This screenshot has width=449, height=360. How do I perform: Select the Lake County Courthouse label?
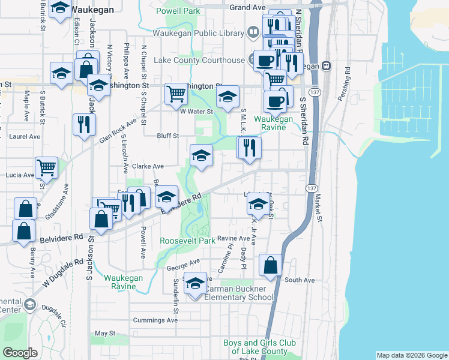199,60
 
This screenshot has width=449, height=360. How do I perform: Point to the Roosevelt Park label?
187,241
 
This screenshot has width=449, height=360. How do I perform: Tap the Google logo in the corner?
20,353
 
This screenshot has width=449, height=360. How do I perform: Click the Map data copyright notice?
412,355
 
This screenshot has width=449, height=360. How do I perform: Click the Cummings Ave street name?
155,320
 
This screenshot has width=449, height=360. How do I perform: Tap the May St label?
104,333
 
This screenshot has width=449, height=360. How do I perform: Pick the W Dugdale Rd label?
63,272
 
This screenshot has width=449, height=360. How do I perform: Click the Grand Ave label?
247,7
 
